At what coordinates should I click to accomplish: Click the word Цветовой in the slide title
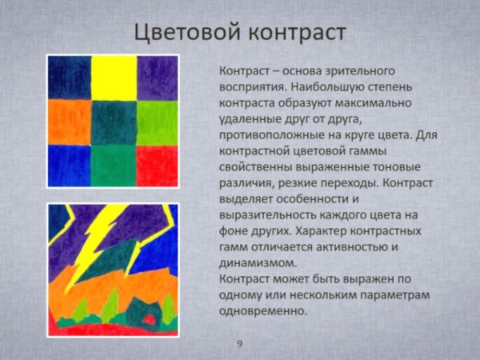click(x=183, y=32)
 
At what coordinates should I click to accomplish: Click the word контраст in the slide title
click(x=295, y=32)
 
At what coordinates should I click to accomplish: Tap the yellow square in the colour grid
click(x=114, y=77)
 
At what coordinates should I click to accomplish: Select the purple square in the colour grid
click(x=157, y=77)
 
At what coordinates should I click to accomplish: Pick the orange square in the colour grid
click(x=69, y=122)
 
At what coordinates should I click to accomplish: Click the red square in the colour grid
click(x=157, y=165)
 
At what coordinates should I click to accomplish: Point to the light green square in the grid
click(x=157, y=122)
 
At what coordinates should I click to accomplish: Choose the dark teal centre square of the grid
click(x=114, y=122)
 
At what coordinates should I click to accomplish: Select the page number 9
click(x=239, y=344)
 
